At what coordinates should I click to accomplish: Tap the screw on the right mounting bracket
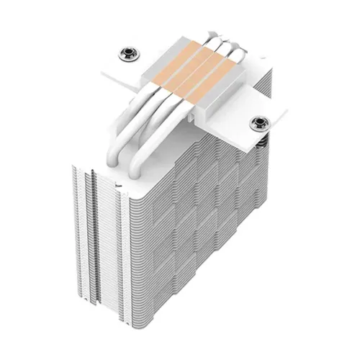(x=256, y=123)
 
